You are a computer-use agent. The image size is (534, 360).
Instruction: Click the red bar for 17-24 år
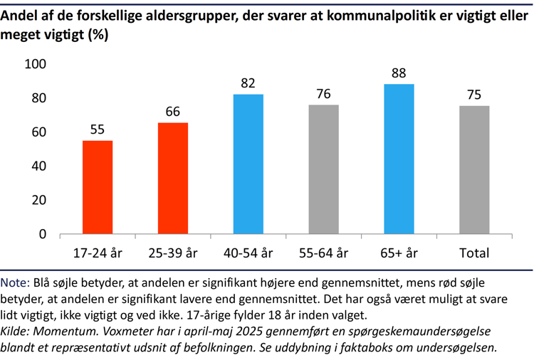tap(98, 187)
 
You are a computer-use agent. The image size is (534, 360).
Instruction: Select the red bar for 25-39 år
tap(173, 178)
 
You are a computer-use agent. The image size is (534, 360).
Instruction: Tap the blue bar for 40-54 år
tap(248, 164)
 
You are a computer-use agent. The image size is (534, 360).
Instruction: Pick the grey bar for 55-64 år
tap(323, 169)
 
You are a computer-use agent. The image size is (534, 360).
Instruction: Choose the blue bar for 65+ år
tap(399, 159)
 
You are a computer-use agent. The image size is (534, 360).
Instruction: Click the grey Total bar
tap(474, 170)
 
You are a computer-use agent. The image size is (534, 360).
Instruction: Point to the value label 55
tap(98, 129)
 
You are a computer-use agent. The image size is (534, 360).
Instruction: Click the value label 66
tap(173, 112)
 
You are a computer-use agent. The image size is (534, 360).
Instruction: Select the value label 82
tap(248, 83)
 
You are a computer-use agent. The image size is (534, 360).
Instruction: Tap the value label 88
tap(399, 73)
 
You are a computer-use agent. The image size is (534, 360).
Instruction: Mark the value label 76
tap(323, 94)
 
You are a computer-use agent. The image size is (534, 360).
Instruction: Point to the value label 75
tap(474, 95)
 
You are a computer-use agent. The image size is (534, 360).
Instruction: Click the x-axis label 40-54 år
tap(248, 253)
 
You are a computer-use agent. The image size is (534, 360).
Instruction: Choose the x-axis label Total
tap(474, 253)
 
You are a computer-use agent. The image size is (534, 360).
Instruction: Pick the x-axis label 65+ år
tap(399, 253)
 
